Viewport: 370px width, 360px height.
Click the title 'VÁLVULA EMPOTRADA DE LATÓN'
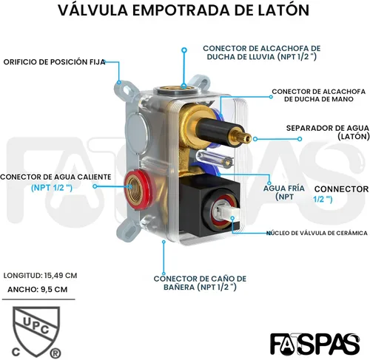coord(184,10)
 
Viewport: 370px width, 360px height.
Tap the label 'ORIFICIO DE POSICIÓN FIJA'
coord(54,62)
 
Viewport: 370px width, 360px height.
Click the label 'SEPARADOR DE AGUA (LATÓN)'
coord(328,132)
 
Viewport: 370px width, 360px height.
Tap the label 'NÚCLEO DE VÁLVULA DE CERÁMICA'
coord(317,233)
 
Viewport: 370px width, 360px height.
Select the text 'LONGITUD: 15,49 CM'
coord(40,275)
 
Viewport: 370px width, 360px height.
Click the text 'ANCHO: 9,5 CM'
coord(38,289)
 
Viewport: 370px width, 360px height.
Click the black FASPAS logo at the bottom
coord(314,344)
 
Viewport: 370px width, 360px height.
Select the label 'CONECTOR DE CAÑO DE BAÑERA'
coord(200,283)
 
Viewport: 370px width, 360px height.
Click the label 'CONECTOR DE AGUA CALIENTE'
coord(55,177)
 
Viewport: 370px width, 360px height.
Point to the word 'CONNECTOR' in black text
coord(341,189)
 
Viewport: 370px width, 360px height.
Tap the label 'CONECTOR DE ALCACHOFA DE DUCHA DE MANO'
coord(319,95)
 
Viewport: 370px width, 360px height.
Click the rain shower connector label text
coord(261,52)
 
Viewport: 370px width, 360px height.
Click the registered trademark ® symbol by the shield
coord(55,353)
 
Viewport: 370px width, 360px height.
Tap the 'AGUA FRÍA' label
coord(284,189)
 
